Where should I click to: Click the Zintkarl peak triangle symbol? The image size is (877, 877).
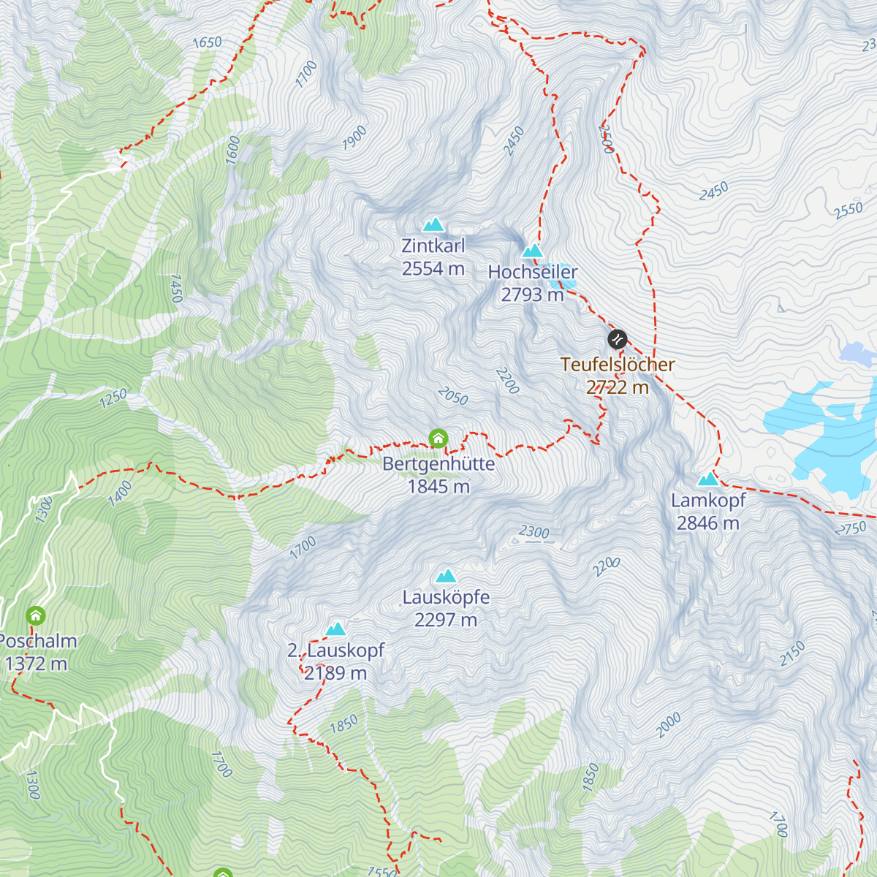coord(433,224)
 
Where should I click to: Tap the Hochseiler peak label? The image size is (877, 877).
coord(532,272)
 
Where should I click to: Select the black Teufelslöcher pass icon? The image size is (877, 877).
coord(617,339)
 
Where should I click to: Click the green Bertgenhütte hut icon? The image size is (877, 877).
coord(438,438)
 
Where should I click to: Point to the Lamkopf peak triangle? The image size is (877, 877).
coord(707,479)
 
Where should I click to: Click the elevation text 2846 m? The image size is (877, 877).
coord(707,523)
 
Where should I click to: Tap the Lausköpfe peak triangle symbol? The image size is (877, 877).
coord(446,576)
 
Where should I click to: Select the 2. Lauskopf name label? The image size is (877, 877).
coord(335,650)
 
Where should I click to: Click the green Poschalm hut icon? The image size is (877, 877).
coord(35,615)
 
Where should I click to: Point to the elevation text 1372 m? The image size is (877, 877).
coord(36,664)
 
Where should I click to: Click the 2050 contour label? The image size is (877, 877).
coord(453,396)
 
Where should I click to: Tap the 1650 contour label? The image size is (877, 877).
coord(207,42)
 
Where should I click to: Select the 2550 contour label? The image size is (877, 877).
coord(848,210)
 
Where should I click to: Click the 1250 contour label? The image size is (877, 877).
coord(113,398)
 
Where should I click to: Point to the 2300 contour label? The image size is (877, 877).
coord(534,532)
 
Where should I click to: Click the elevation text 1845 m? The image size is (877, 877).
coord(438,487)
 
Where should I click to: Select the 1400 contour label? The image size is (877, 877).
coord(120,493)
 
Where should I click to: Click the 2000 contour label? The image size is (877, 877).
coord(668,724)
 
